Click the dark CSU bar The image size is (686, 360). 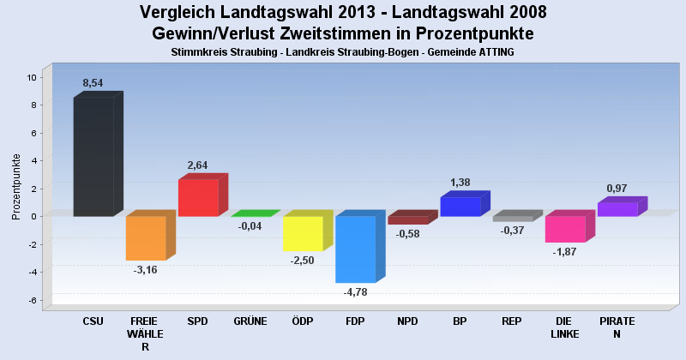pyautogui.click(x=93, y=156)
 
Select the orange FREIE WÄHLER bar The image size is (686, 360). pyautogui.click(x=146, y=237)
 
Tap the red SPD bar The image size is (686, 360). pyautogui.click(x=198, y=197)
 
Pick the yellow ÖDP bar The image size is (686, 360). pyautogui.click(x=303, y=233)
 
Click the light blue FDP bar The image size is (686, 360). pyautogui.click(x=355, y=249)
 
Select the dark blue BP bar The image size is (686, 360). pyautogui.click(x=460, y=207)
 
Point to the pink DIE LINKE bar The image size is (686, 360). pyautogui.click(x=565, y=229)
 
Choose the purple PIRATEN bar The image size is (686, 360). pyautogui.click(x=617, y=209)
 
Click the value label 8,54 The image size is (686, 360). pyautogui.click(x=93, y=83)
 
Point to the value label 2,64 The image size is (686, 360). pyautogui.click(x=198, y=165)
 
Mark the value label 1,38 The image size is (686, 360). pyautogui.click(x=460, y=183)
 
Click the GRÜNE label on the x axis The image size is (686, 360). pyautogui.click(x=250, y=321)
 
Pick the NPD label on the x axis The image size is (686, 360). pyautogui.click(x=407, y=321)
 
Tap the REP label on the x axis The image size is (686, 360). pyautogui.click(x=512, y=321)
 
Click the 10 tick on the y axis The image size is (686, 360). pyautogui.click(x=31, y=77)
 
